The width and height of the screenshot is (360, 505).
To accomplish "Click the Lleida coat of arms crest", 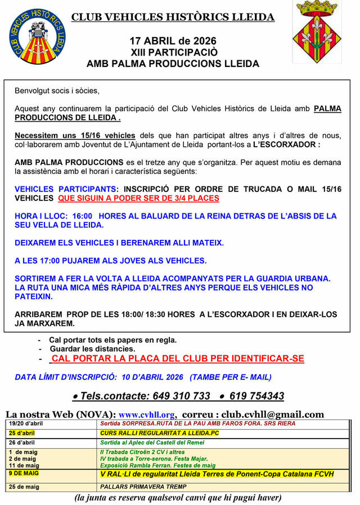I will tap(317, 32).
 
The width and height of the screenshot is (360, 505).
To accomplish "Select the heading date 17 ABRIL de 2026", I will tap(173, 41).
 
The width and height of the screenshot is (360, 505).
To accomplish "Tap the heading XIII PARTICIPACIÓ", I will tap(173, 52).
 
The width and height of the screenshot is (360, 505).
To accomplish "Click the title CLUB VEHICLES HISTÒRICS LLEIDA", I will tap(173, 17).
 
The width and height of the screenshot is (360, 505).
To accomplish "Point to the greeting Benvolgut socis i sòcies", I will tap(57, 91).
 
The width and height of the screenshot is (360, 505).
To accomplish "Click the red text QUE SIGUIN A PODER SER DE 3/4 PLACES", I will tap(138, 198).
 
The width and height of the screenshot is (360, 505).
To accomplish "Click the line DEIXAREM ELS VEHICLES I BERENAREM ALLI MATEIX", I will tap(119, 243).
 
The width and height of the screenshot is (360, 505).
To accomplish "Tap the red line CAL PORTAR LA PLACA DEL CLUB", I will tap(178, 359).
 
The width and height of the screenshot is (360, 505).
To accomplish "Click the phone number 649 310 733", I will tap(175, 396).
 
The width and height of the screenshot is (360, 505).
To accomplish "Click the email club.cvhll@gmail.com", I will tap(273, 414).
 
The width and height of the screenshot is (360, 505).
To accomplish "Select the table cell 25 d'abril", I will tap(22, 433).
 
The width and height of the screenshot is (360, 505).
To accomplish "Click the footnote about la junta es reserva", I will tap(178, 498).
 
